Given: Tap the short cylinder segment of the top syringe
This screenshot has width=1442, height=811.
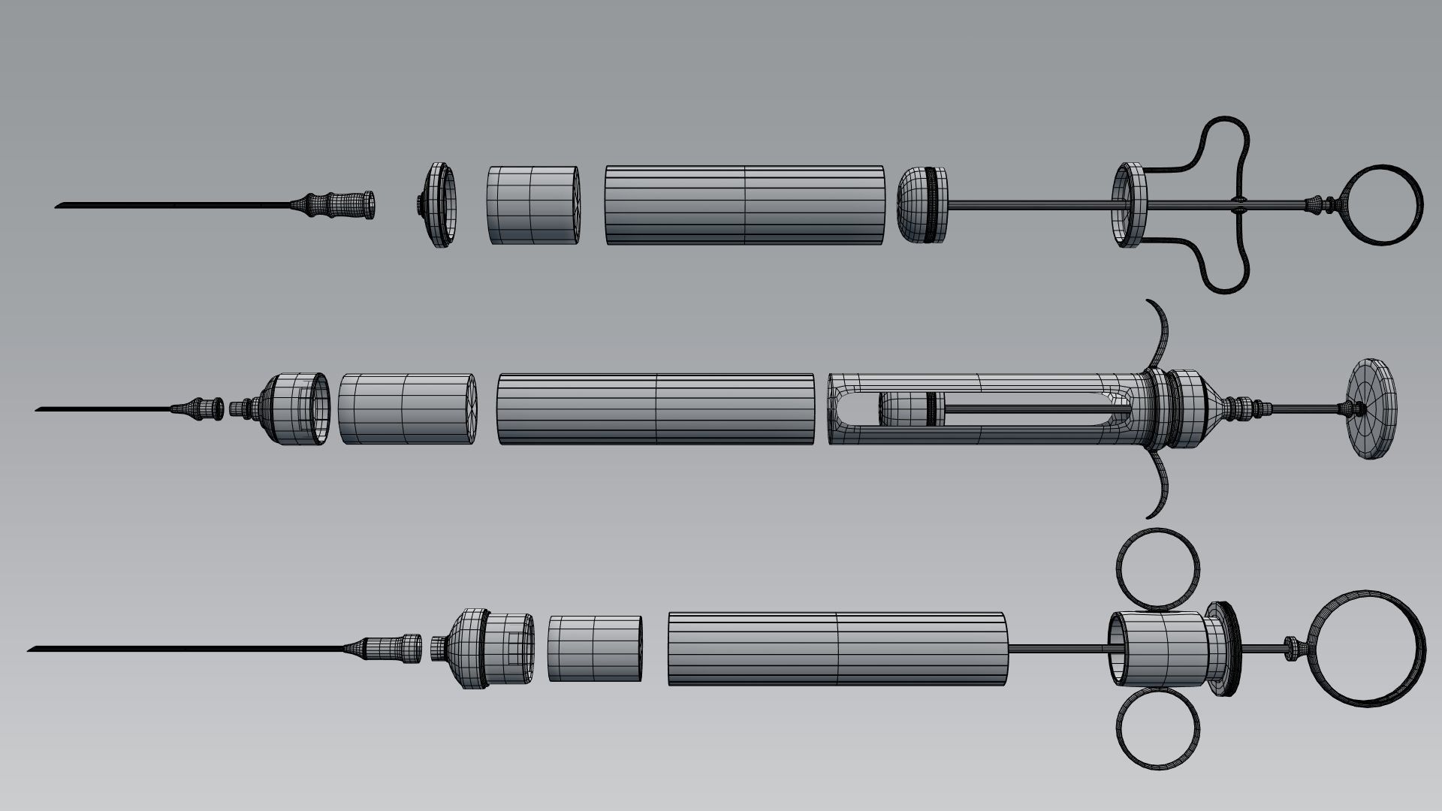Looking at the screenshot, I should pos(533,204).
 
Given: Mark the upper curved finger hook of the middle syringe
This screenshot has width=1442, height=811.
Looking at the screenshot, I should pos(1163,333).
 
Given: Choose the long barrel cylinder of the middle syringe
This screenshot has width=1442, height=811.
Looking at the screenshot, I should pos(656,409).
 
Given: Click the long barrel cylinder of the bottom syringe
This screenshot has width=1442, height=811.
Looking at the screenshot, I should pos(837,648).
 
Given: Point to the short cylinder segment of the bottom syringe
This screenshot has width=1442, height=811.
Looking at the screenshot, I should pos(595,648).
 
